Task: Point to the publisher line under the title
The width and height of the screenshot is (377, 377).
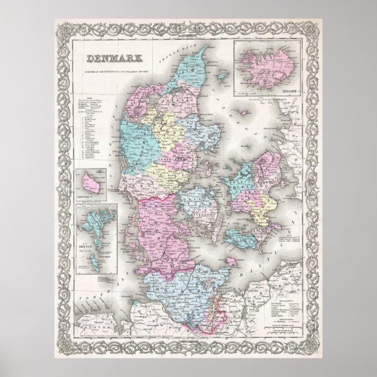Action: tap(120, 68)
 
